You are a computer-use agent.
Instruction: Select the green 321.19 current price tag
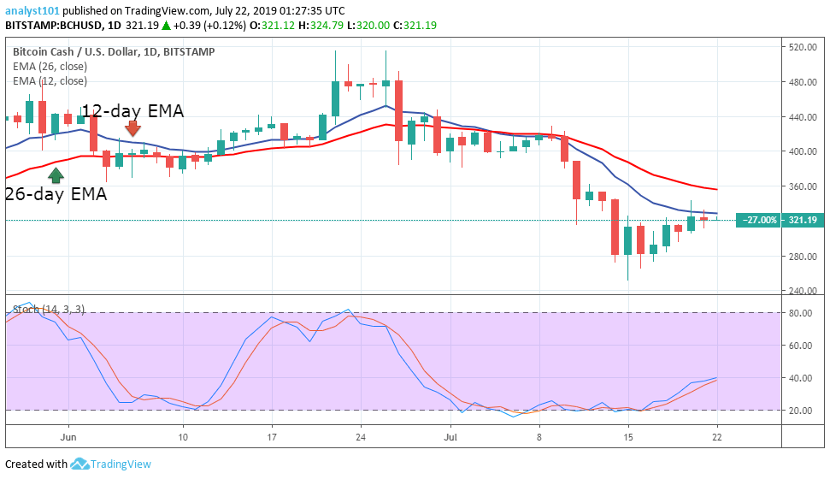point(803,220)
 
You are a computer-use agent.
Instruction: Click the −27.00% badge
point(759,220)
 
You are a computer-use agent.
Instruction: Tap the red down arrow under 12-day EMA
point(132,128)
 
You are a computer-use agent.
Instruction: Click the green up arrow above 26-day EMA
point(56,175)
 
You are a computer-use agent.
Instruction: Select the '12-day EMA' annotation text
point(132,110)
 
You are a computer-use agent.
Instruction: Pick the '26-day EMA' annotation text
point(56,194)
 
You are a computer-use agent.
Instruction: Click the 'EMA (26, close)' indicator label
point(50,67)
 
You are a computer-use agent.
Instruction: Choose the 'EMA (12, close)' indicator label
point(50,81)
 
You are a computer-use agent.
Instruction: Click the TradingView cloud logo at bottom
point(80,464)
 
